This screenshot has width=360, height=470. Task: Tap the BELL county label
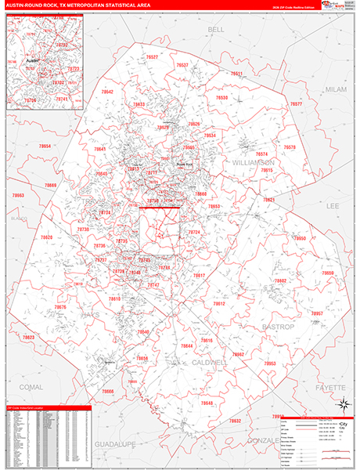point(216,29)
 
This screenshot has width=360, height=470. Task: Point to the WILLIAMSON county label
point(255,161)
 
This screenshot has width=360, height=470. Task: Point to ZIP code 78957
point(317,313)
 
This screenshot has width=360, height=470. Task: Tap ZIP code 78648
point(207,403)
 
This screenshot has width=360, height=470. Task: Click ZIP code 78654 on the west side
point(45,146)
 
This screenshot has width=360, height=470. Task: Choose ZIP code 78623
point(28,338)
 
